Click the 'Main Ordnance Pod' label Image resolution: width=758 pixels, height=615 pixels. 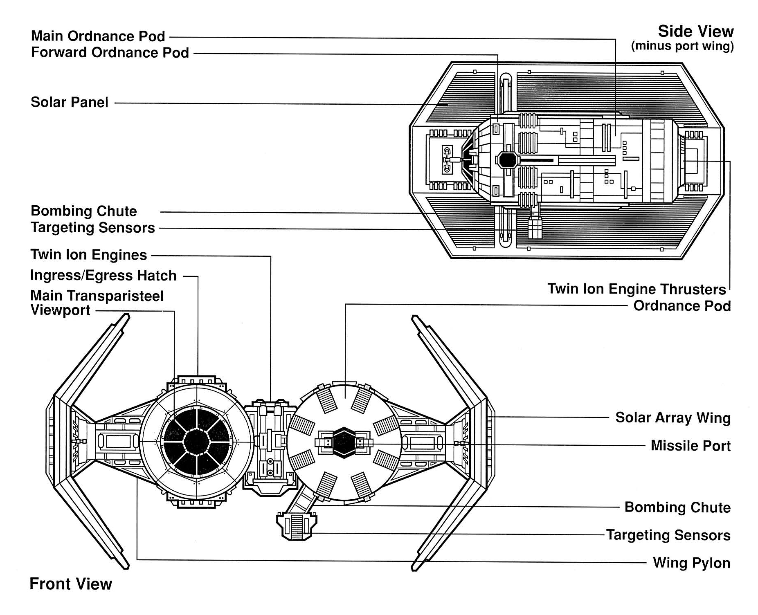coord(98,36)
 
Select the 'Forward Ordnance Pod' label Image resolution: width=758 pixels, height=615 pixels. coord(110,53)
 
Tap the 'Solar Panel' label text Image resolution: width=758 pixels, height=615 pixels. coord(69,102)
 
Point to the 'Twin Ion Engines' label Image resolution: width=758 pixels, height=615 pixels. coord(88,255)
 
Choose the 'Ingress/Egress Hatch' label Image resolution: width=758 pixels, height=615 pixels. coord(103,276)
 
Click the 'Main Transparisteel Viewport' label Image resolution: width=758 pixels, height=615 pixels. coord(97,303)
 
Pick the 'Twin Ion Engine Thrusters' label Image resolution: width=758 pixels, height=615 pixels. coord(637,289)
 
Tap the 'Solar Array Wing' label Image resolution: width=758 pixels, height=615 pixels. coord(673,418)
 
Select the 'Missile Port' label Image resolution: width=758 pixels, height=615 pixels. coord(690,446)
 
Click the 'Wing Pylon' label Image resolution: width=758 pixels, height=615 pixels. coord(691,563)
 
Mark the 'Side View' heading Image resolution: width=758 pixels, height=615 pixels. coord(695,31)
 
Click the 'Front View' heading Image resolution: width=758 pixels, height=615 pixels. coord(71,584)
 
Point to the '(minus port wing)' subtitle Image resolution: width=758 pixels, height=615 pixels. coord(682,46)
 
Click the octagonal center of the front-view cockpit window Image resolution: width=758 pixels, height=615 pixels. coord(197,442)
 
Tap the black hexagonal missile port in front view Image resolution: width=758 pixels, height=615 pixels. coord(344,442)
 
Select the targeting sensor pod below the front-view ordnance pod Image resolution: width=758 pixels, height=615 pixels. coord(297,526)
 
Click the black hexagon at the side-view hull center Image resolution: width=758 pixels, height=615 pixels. coord(508,159)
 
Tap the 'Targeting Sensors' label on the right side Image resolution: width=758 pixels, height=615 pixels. coord(668,535)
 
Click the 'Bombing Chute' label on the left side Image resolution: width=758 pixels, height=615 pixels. coord(83,211)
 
